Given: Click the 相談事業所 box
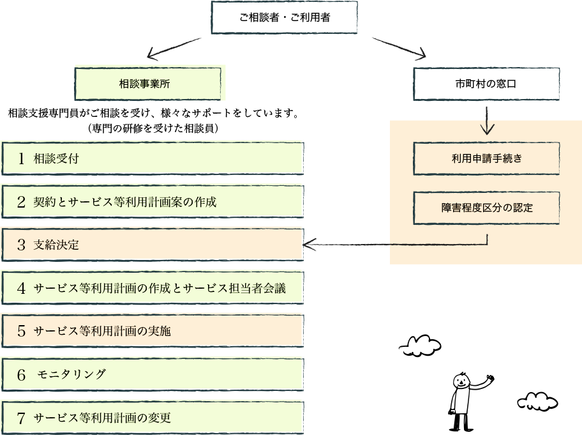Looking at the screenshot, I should pyautogui.click(x=148, y=83).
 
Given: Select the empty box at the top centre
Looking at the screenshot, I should pyautogui.click(x=284, y=17).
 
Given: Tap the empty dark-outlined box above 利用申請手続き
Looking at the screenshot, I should pyautogui.click(x=486, y=84).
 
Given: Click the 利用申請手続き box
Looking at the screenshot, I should pyautogui.click(x=486, y=158).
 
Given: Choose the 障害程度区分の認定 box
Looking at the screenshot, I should pyautogui.click(x=486, y=208).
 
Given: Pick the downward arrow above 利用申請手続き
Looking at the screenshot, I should pyautogui.click(x=487, y=120).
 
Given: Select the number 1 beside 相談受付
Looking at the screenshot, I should pyautogui.click(x=21, y=159).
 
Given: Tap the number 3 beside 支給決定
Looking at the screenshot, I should pyautogui.click(x=21, y=245).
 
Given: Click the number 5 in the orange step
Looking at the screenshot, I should pyautogui.click(x=21, y=331).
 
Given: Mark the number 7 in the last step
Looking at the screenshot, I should pyautogui.click(x=21, y=418).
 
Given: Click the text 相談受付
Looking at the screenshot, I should pyautogui.click(x=56, y=159).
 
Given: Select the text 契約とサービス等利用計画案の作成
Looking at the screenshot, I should pyautogui.click(x=125, y=202).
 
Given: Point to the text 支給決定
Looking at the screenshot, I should pyautogui.click(x=56, y=245).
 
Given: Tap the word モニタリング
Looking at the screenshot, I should pyautogui.click(x=71, y=374).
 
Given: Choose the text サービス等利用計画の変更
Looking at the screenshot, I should pyautogui.click(x=102, y=418).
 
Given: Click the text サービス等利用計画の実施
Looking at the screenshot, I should pyautogui.click(x=102, y=331).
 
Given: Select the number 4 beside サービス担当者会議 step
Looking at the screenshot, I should pyautogui.click(x=21, y=288).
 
